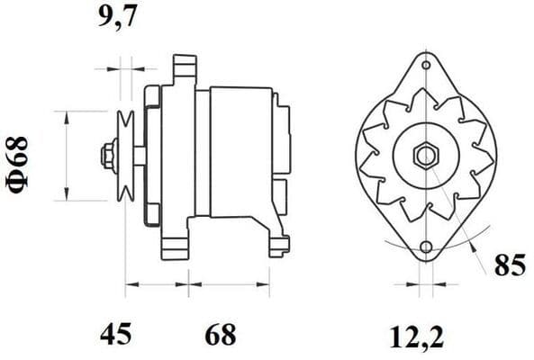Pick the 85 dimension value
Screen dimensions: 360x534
point(508,266)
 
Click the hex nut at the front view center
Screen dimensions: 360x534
point(424,156)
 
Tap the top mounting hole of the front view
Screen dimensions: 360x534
point(424,66)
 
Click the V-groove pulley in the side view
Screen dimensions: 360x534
point(125,156)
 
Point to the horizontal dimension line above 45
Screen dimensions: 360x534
point(157,284)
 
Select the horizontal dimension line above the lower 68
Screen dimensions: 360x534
point(230,284)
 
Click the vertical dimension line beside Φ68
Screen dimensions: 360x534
point(67,156)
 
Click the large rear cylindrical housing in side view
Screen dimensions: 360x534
point(240,153)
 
